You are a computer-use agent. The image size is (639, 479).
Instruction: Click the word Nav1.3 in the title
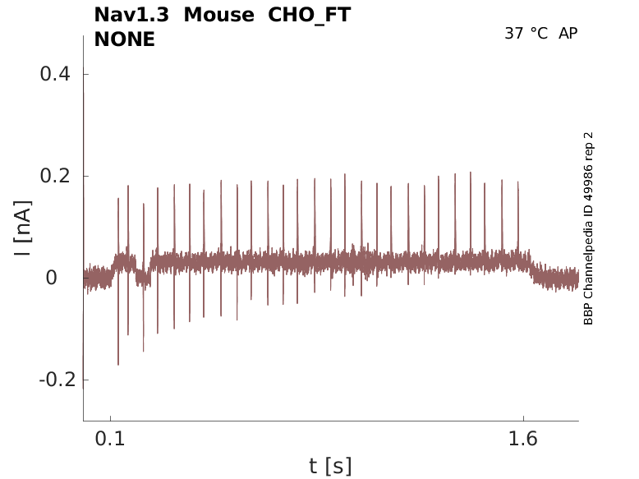(x=131, y=15)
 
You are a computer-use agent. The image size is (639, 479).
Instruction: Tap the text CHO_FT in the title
(x=310, y=16)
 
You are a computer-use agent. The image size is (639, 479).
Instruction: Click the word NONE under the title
(x=124, y=39)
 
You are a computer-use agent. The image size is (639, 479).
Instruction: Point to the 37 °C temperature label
(x=526, y=34)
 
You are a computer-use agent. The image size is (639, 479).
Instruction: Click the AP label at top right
(x=568, y=34)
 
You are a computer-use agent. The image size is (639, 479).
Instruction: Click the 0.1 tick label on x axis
(x=110, y=439)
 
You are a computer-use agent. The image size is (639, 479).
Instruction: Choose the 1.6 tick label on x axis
(x=523, y=439)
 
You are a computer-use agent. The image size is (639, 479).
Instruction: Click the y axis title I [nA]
(x=24, y=227)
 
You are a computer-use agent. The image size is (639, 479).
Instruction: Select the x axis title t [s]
(x=330, y=467)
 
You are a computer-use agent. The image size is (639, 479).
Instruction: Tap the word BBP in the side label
(x=588, y=315)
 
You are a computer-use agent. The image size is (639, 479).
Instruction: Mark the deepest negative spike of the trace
(x=118, y=364)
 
